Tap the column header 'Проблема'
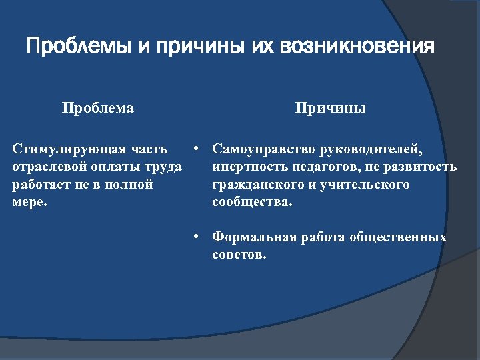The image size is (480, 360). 97,108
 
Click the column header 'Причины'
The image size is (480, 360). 331,108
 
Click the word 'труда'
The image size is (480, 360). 163,167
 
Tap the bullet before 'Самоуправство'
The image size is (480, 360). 197,149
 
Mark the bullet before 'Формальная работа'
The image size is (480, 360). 197,237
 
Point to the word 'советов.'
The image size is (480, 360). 239,255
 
